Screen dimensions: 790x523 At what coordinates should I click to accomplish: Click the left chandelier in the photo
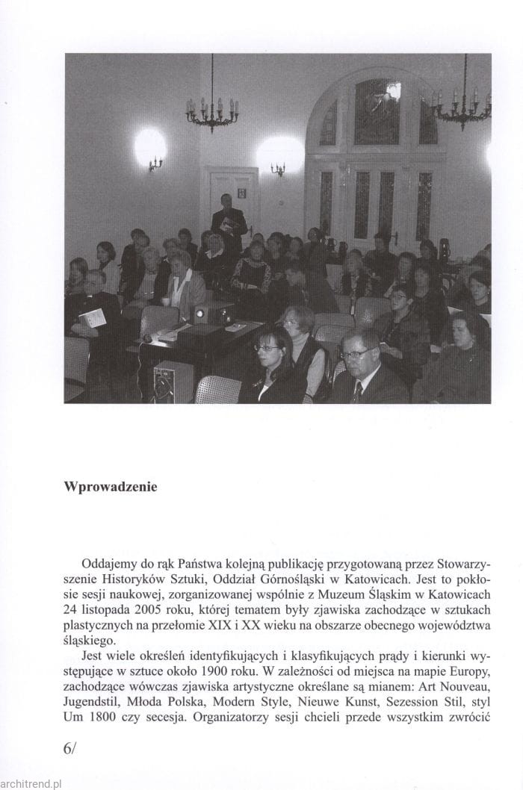[212, 111]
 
